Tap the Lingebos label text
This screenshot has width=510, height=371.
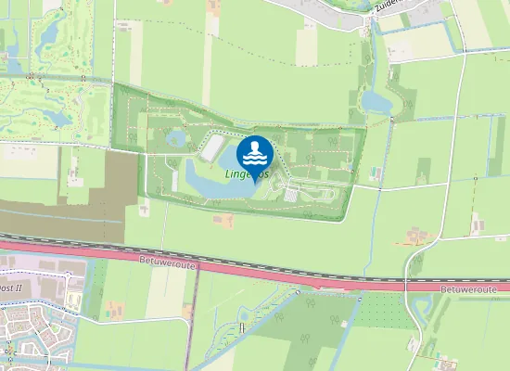pyautogui.click(x=247, y=173)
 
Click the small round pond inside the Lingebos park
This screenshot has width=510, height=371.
pyautogui.click(x=175, y=139)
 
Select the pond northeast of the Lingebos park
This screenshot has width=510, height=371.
pyautogui.click(x=376, y=100)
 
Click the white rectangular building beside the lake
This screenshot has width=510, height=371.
pyautogui.click(x=212, y=147)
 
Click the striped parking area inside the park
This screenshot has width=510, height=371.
pyautogui.click(x=293, y=195)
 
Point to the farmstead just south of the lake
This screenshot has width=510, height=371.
pyautogui.click(x=223, y=221)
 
